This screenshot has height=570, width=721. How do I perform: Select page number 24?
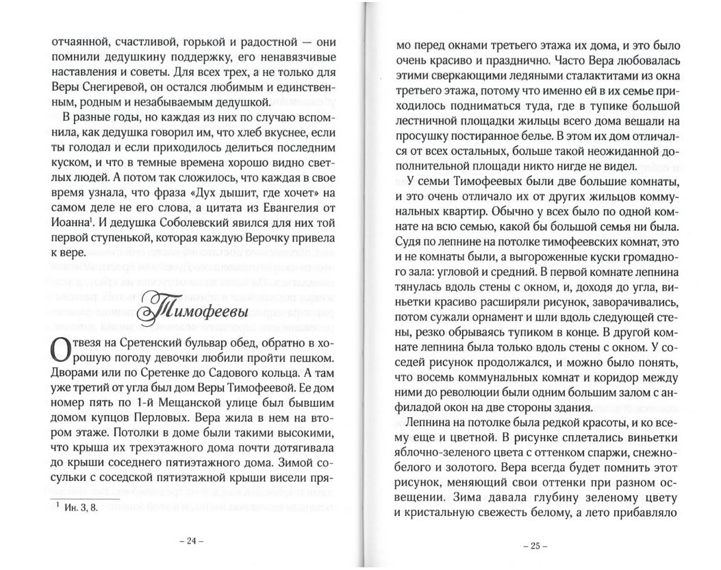click(187, 541)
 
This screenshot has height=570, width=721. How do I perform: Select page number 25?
click(531, 546)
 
